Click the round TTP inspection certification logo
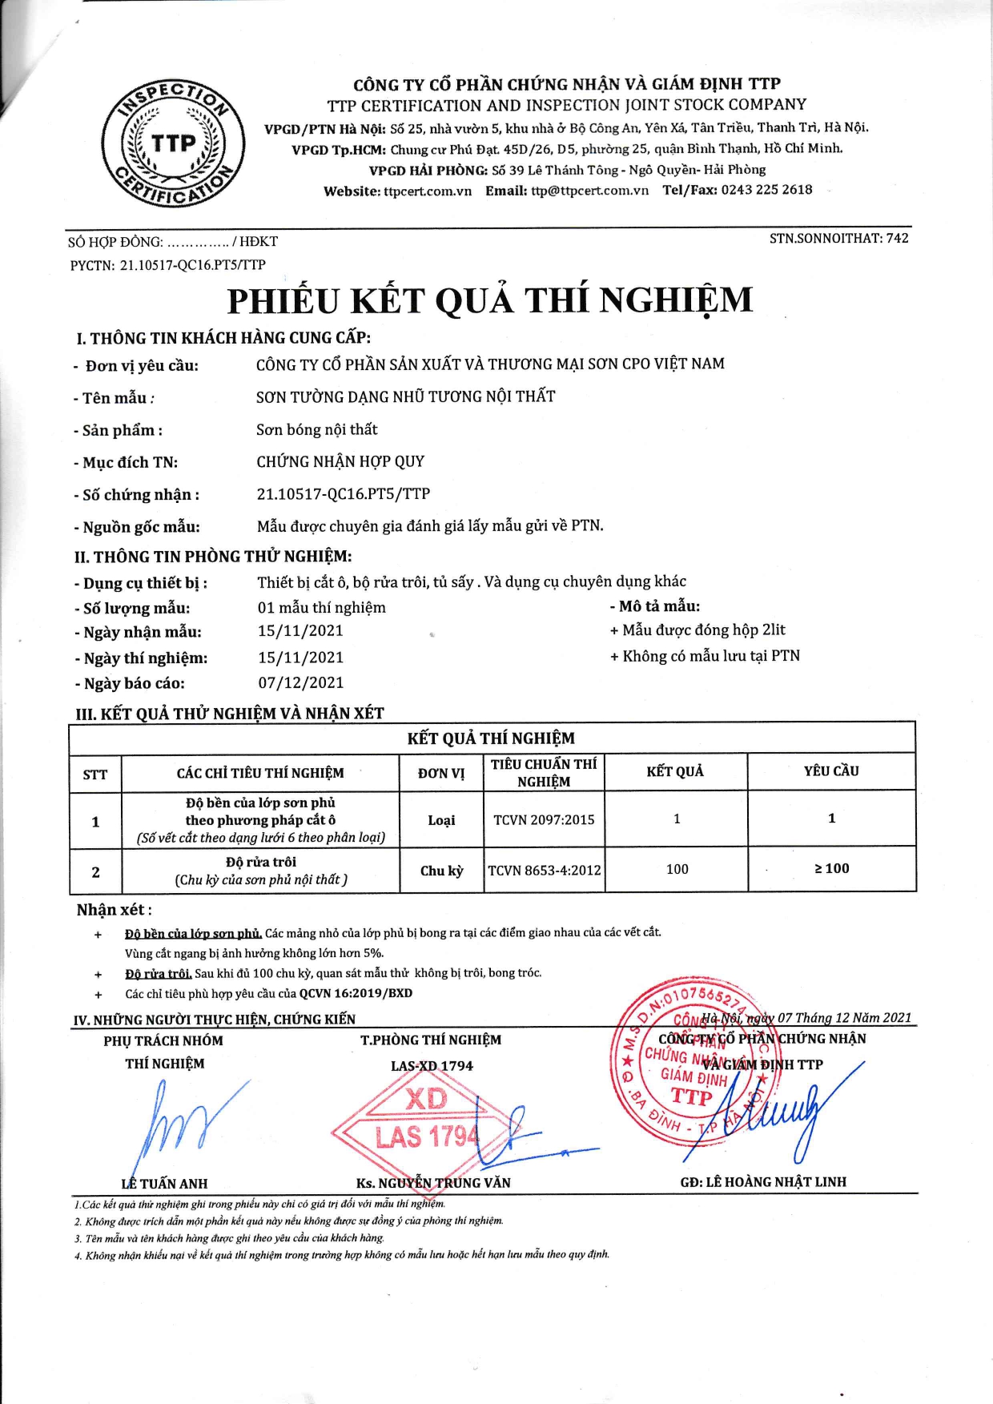pyautogui.click(x=173, y=145)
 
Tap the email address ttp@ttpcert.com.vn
pyautogui.click(x=589, y=191)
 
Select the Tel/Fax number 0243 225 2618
pyautogui.click(x=766, y=190)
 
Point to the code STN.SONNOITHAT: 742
pyautogui.click(x=838, y=238)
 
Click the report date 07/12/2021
pyautogui.click(x=300, y=683)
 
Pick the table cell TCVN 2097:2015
pyautogui.click(x=544, y=819)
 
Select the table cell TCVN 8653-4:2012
pyautogui.click(x=544, y=870)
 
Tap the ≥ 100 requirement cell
pyautogui.click(x=831, y=868)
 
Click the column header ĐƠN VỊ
pyautogui.click(x=441, y=773)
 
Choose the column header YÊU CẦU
pyautogui.click(x=831, y=770)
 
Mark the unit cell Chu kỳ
pyautogui.click(x=441, y=871)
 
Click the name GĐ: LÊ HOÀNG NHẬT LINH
pyautogui.click(x=762, y=1181)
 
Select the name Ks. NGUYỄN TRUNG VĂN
pyautogui.click(x=433, y=1183)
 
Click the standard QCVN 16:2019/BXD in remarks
pyautogui.click(x=356, y=993)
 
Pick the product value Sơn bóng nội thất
pyautogui.click(x=316, y=429)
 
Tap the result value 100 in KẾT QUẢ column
pyautogui.click(x=677, y=869)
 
